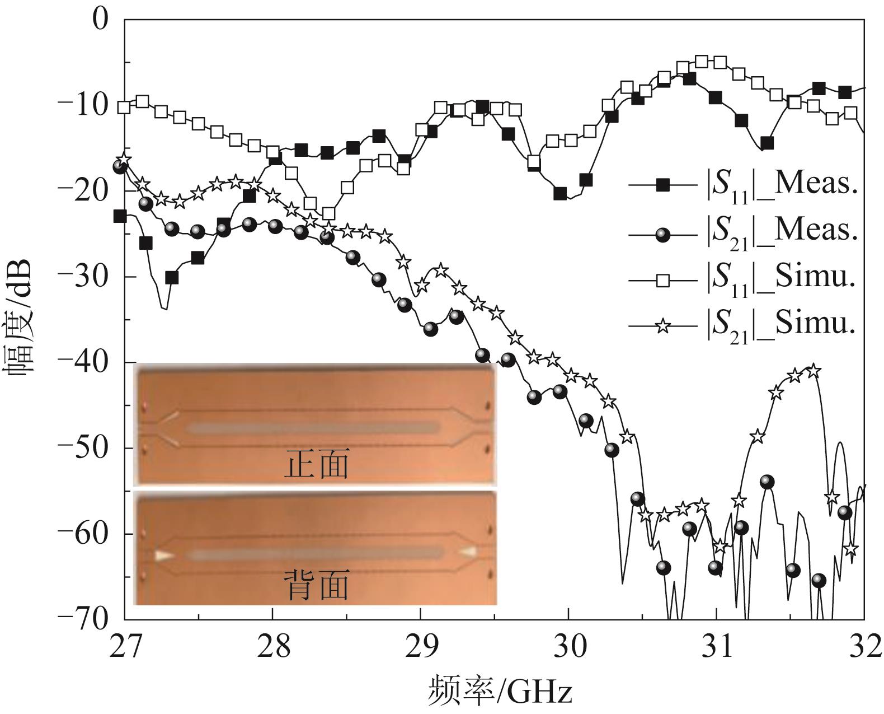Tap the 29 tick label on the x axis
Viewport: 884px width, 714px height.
(421, 647)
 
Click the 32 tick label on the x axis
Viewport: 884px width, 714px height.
(864, 647)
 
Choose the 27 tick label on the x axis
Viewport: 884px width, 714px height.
(125, 647)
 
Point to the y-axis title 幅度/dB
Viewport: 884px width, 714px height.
(20, 319)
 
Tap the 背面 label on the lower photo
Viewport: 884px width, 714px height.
(317, 585)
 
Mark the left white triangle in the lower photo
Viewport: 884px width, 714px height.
(164, 556)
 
